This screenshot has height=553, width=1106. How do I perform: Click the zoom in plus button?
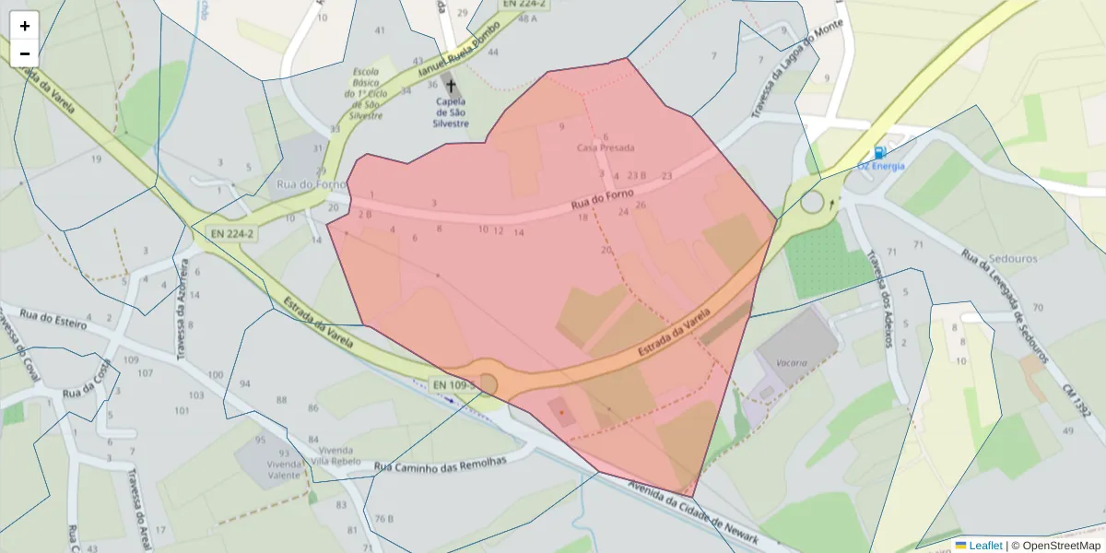[24, 26]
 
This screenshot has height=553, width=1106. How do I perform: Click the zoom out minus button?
[24, 53]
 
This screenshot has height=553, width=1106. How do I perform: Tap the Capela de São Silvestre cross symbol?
[451, 86]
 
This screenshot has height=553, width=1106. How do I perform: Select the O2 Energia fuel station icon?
[880, 152]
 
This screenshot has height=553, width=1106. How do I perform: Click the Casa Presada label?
[606, 147]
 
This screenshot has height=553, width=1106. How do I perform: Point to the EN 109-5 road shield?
[453, 384]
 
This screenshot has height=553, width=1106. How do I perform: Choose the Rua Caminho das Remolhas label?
[441, 465]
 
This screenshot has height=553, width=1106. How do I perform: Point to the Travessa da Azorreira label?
[182, 309]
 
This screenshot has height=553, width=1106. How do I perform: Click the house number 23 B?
[637, 175]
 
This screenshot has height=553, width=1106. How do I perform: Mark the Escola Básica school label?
[372, 95]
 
